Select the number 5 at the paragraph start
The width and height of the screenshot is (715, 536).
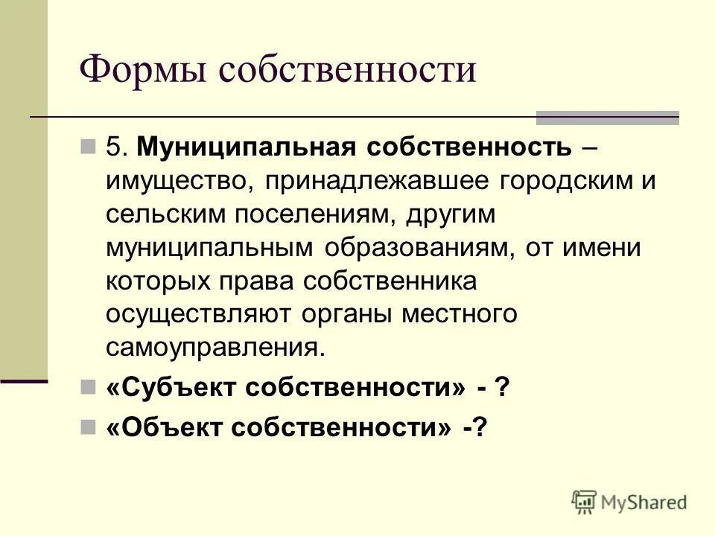click(x=113, y=147)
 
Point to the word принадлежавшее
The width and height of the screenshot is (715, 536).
click(x=384, y=181)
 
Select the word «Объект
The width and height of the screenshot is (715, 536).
click(x=165, y=428)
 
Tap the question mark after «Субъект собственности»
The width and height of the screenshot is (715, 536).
click(x=503, y=388)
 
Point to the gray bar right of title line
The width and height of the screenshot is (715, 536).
click(x=607, y=118)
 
